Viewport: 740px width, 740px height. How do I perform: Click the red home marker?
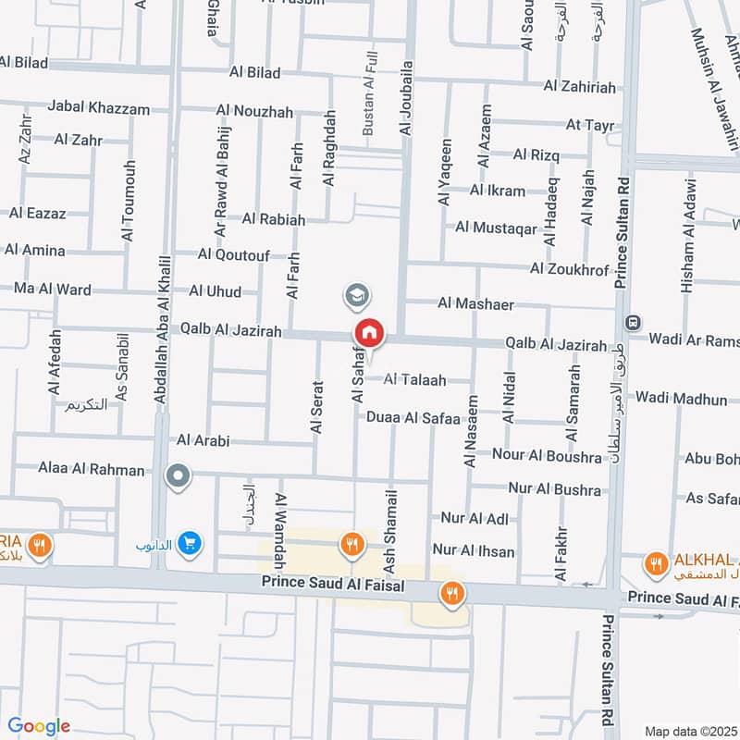tap(368, 333)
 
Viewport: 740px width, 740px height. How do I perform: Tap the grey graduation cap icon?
tap(355, 296)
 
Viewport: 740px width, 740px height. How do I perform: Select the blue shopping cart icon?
tap(190, 543)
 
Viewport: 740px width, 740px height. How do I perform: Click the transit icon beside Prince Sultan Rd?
tap(634, 324)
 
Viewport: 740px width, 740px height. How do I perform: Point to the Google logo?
tap(39, 726)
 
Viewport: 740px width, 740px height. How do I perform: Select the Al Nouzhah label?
tap(254, 112)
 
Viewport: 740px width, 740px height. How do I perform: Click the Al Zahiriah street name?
tap(579, 86)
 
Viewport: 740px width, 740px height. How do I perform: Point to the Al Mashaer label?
tap(475, 303)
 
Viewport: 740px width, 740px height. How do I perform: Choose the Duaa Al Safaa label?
tap(413, 418)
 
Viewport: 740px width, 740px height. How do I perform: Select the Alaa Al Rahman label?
tap(92, 470)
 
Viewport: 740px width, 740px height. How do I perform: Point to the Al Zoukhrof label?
tap(570, 269)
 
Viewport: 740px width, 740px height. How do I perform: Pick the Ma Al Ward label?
tap(52, 289)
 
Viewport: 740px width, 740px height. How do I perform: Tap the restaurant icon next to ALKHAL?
tap(655, 563)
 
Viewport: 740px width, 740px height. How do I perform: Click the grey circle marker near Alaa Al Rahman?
tap(177, 477)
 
